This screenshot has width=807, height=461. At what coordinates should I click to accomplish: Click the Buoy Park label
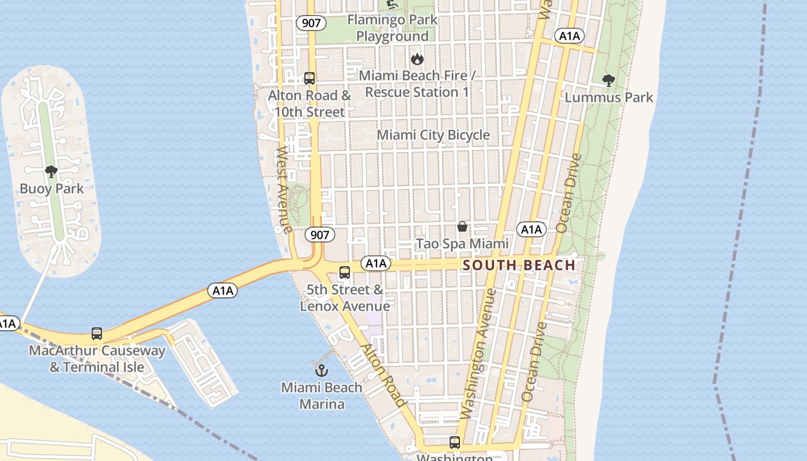click(51, 188)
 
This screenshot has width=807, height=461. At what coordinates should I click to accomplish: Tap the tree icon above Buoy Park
click(51, 171)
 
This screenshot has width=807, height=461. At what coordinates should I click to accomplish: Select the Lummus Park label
click(609, 97)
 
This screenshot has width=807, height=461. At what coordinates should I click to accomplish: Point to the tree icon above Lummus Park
click(608, 80)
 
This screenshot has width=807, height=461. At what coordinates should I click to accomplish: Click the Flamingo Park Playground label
click(393, 28)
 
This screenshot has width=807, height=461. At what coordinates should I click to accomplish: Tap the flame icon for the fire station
click(417, 59)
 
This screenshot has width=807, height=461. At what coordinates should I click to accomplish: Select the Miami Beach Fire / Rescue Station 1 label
click(417, 84)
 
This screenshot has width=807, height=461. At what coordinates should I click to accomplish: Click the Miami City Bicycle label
click(433, 135)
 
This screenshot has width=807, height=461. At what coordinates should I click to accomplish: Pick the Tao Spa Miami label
click(462, 244)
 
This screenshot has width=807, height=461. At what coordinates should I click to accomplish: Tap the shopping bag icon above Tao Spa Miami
click(462, 226)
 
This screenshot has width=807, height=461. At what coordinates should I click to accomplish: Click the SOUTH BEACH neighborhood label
click(519, 265)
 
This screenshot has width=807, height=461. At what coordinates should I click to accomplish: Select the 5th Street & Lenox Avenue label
click(345, 297)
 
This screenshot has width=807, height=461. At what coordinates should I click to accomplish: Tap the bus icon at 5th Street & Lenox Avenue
click(345, 273)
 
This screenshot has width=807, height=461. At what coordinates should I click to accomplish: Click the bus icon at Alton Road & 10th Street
click(310, 78)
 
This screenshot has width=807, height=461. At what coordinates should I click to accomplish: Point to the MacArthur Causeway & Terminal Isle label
click(97, 358)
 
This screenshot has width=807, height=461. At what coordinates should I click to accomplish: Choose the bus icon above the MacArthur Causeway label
click(97, 334)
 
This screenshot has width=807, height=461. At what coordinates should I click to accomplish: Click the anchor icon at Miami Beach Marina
click(322, 371)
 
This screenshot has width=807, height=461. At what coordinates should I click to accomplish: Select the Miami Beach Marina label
click(322, 395)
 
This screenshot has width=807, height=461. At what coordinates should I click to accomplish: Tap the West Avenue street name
click(284, 190)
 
